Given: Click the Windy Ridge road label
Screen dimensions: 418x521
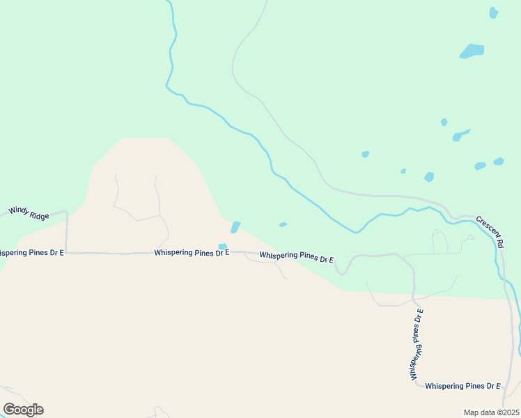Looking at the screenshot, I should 29,212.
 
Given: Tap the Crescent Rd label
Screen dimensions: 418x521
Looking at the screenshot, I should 490,232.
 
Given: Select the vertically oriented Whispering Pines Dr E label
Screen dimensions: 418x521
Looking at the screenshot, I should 417,344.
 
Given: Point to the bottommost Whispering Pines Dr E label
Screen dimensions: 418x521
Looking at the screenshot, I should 462,385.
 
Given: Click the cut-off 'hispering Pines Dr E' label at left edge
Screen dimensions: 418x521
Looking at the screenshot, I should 31,252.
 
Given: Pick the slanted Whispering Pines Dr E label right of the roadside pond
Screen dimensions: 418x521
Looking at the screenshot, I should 297,257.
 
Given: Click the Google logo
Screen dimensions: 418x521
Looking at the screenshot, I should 23,410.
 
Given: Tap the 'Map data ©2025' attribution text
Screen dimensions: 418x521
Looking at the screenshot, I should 492,412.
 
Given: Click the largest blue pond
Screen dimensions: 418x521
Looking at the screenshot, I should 472,51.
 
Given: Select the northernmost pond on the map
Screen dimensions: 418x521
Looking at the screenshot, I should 494,13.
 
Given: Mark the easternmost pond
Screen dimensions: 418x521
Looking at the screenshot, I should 499,162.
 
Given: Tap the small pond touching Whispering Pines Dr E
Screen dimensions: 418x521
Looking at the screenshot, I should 222,247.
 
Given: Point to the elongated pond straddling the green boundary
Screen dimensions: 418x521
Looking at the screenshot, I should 235,227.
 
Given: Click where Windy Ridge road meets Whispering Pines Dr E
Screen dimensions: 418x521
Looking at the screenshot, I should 67,253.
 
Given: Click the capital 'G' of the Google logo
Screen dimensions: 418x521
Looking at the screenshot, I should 10,409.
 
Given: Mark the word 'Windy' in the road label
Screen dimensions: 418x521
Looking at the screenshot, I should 18,210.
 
